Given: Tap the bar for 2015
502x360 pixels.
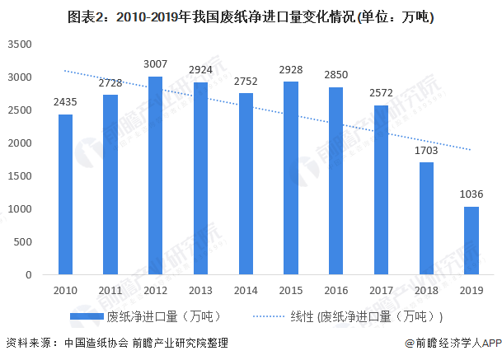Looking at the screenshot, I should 290,178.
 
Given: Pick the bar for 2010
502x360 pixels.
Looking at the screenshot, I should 65,194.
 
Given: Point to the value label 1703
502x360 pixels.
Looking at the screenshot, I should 426,152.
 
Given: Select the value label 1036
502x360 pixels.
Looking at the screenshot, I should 471,195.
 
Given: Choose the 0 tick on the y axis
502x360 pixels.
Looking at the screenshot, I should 28,275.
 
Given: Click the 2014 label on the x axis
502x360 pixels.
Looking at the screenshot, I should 246,291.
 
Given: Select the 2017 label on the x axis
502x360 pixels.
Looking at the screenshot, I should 381,291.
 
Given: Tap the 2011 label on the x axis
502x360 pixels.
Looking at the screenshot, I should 110,291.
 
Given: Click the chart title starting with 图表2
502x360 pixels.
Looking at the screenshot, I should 251,14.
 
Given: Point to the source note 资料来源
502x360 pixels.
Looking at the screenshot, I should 115,343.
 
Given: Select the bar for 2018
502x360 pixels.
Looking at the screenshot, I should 426,218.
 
